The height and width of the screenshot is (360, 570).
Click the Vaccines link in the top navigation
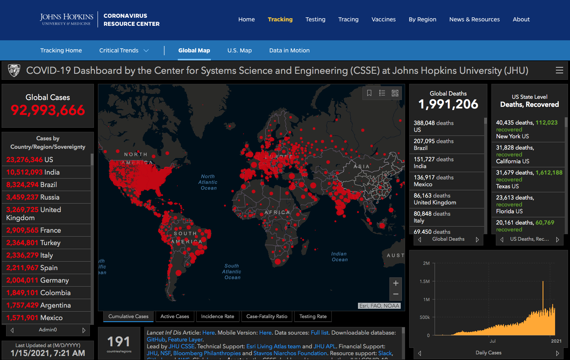click(383, 19)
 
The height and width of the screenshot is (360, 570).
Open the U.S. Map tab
click(239, 50)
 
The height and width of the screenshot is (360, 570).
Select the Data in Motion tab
click(289, 50)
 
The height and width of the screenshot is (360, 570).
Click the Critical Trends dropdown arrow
click(146, 50)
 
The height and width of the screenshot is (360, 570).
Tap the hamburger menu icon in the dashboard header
click(560, 71)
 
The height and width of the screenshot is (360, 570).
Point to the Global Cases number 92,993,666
click(48, 110)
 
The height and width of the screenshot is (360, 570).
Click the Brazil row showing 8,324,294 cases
click(31, 185)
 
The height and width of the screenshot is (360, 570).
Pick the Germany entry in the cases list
click(37, 280)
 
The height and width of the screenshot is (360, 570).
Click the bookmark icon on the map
click(369, 93)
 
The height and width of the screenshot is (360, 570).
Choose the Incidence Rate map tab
click(218, 316)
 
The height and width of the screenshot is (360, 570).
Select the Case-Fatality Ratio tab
click(267, 316)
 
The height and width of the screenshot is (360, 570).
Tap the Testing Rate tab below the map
click(313, 316)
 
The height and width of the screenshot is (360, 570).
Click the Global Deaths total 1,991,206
click(448, 104)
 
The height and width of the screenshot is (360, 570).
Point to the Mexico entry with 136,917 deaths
click(433, 181)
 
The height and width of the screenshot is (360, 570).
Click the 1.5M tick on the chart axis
click(425, 281)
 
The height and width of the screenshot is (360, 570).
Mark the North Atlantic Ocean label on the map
click(208, 182)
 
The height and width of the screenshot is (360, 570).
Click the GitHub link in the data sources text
click(156, 339)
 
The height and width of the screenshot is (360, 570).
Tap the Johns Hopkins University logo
click(67, 19)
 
